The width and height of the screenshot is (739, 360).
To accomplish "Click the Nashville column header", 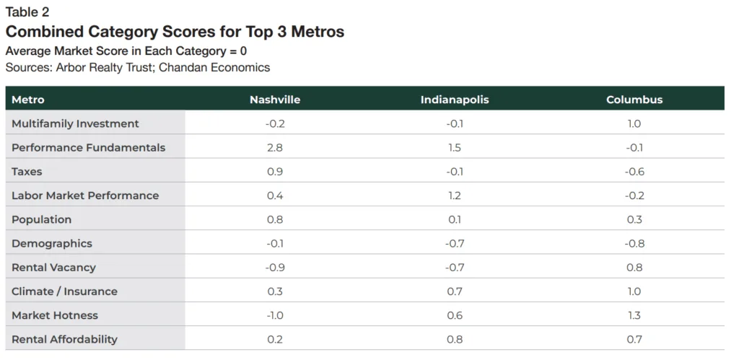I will tap(274, 100).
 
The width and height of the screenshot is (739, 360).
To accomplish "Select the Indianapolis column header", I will tap(455, 100).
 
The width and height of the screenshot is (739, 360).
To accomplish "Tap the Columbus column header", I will tap(634, 100).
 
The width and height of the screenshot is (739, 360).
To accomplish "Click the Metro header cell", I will tap(28, 100).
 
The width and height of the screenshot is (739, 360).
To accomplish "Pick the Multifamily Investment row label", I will tap(75, 123).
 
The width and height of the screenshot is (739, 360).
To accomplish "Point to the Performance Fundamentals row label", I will tap(88, 147).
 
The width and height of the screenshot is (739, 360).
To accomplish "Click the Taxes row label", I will tap(27, 172).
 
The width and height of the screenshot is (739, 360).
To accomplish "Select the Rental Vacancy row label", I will tap(53, 268).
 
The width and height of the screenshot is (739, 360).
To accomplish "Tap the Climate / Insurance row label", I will tap(64, 291).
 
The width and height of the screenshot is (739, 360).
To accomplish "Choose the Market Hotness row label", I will tap(55, 315).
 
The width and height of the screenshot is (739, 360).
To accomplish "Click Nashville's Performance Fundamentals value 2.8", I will tap(274, 147).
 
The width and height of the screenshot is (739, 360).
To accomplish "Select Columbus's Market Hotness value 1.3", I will tap(634, 315).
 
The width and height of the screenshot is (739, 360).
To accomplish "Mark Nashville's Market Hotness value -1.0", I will tap(274, 315).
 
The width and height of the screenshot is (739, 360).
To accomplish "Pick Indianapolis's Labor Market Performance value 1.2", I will tap(455, 196).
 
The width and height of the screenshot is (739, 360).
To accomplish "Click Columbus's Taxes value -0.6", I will tap(634, 172).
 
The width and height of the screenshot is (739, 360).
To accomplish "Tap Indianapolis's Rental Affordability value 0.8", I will tap(455, 339).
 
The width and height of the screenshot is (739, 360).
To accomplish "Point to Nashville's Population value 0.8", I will tap(274, 219).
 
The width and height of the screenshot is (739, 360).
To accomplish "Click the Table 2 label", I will tap(27, 12).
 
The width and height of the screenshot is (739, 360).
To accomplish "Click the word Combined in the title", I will tap(44, 32).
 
